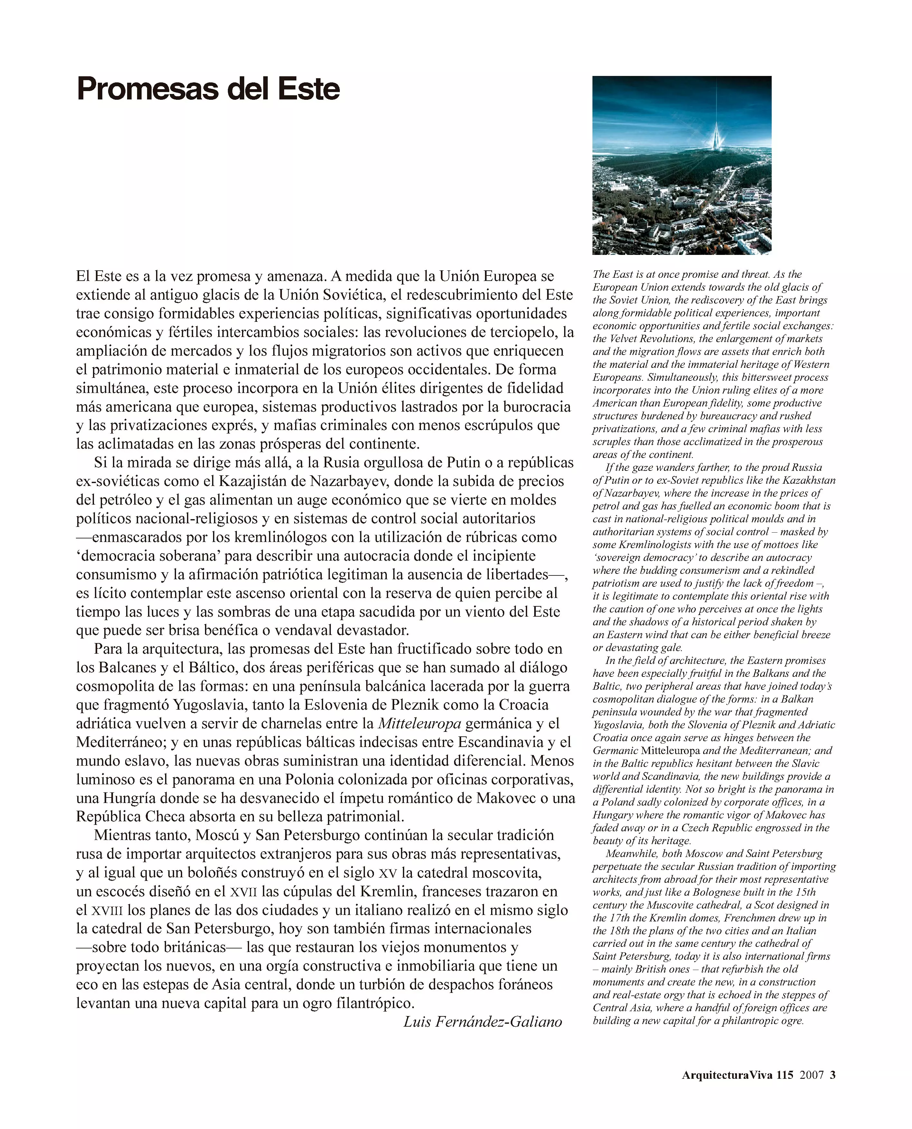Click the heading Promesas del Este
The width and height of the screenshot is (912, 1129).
point(208,89)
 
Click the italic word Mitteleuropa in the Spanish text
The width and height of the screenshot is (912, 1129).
point(419,723)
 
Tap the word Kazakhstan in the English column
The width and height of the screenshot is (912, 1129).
point(809,480)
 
